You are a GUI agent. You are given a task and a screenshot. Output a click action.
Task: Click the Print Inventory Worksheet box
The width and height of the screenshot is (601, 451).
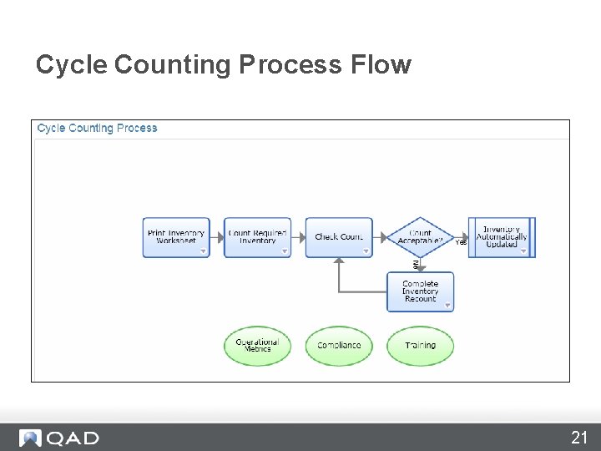175,237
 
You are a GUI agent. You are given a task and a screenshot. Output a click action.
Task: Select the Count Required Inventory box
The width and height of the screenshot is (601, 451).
257,237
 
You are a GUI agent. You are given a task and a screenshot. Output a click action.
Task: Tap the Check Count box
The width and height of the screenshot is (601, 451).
339,237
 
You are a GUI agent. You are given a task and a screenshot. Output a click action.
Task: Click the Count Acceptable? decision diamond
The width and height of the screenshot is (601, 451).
421,237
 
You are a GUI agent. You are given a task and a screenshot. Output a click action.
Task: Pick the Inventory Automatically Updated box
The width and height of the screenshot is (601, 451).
502,237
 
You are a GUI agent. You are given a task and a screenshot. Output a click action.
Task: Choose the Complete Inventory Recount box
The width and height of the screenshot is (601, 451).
420,291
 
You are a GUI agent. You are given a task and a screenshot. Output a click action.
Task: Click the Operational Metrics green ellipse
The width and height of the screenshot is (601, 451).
257,346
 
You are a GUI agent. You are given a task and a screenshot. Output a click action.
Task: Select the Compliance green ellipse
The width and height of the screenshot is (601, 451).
339,346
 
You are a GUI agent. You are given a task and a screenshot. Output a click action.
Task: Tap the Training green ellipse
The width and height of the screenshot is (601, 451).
420,346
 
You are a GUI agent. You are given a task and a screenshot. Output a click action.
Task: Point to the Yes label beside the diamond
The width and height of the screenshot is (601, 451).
461,243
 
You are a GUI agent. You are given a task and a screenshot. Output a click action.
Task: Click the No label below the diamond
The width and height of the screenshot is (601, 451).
416,264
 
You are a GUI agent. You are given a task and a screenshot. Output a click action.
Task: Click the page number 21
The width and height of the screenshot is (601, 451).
579,437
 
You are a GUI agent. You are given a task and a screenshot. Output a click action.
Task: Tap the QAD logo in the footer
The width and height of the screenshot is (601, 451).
60,438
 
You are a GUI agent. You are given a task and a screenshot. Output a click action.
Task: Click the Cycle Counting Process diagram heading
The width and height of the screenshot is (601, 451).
98,129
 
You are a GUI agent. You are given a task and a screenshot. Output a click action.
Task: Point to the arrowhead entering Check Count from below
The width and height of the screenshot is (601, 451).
338,261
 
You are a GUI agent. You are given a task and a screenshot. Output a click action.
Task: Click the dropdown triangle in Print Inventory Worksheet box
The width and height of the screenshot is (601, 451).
202,251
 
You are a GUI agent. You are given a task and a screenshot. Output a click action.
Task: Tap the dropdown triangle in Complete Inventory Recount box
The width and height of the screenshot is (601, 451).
447,306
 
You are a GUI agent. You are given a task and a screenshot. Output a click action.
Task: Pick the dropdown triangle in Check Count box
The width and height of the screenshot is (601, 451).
366,251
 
